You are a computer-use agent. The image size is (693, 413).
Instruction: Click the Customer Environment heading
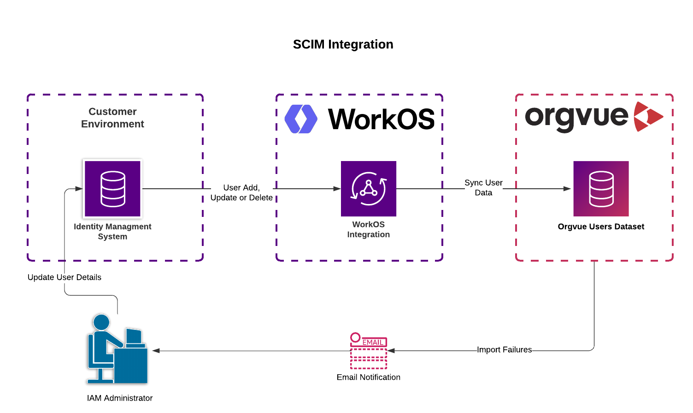point(112,118)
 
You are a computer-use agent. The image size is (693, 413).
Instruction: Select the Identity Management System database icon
point(112,189)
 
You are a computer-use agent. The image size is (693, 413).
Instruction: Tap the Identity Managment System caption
point(112,231)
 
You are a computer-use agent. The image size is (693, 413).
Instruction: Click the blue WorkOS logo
point(301,119)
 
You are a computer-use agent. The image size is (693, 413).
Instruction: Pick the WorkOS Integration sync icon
point(369,189)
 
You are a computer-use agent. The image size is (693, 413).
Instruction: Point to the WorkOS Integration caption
point(368,229)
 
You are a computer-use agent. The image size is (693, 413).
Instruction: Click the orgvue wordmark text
point(576,117)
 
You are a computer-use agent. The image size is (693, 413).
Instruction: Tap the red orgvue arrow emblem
point(647,117)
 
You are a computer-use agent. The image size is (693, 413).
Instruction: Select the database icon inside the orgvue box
point(601,189)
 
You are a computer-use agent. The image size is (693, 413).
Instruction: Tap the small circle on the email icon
point(355,337)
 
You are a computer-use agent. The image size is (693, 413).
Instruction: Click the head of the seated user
point(101,322)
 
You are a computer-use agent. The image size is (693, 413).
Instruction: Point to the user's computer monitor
point(134,336)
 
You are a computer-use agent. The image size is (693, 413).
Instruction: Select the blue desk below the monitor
point(131,365)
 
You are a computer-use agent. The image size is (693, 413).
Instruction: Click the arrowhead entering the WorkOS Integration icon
point(337,189)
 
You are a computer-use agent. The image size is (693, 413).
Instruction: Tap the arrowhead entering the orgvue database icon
point(567,189)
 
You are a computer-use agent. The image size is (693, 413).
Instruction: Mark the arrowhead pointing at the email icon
point(391,351)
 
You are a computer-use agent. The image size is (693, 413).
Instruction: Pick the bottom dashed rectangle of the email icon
point(369,365)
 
